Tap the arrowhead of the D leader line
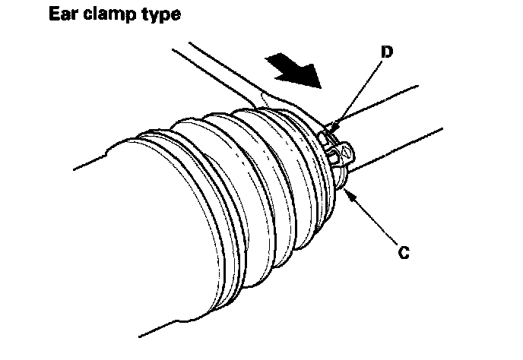click(x=335, y=122)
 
